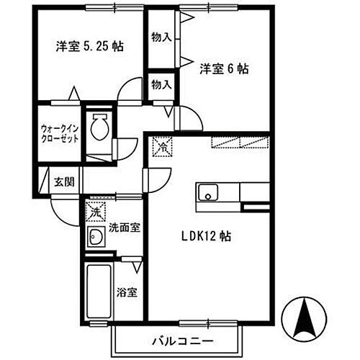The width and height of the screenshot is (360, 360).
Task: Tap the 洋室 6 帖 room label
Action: [x=224, y=70]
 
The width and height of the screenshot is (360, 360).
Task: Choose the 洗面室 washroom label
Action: [x=124, y=228]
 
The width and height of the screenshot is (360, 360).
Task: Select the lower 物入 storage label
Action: [x=161, y=85]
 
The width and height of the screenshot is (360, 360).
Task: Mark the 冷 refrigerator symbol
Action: [x=163, y=148]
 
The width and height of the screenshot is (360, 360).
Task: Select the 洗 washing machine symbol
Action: [x=94, y=212]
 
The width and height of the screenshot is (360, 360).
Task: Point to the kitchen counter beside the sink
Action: [x=255, y=193]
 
